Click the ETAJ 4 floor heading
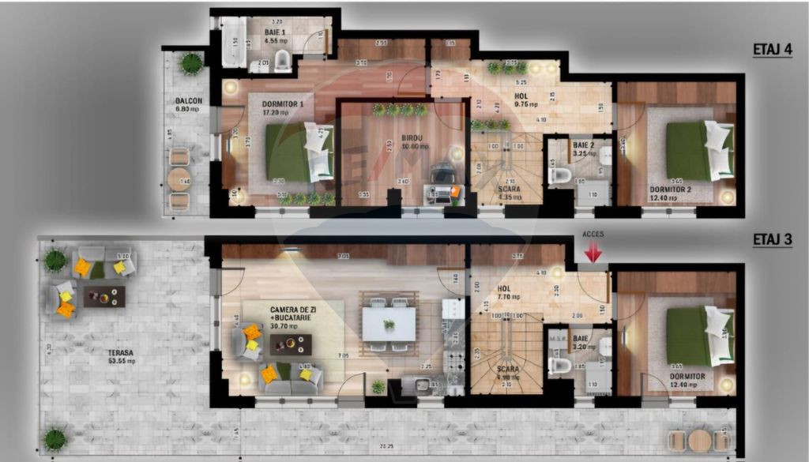(772, 50)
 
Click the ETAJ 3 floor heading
(772, 239)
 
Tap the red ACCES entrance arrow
(593, 251)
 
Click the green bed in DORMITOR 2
(691, 151)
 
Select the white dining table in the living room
(389, 323)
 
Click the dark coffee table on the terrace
(104, 296)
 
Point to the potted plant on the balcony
(190, 62)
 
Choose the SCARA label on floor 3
(508, 369)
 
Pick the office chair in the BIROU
(442, 173)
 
